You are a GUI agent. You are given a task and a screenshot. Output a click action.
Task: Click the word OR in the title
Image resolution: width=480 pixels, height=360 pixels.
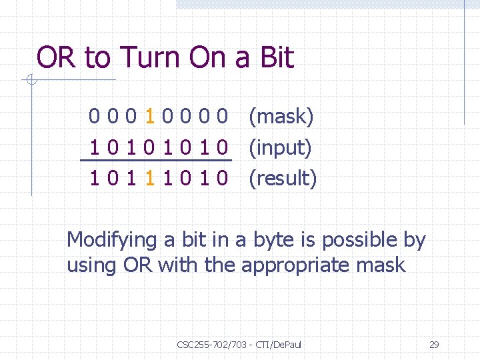[x=57, y=58]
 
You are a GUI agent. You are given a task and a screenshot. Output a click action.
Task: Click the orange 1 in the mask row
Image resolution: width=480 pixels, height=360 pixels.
[x=151, y=118]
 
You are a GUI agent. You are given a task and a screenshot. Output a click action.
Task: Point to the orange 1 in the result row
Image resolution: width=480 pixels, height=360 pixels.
[x=151, y=179]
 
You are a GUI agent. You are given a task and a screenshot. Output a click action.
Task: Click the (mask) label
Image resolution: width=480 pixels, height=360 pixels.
[x=281, y=118]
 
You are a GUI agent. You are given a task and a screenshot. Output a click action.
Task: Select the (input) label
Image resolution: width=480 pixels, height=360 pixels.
[x=280, y=148]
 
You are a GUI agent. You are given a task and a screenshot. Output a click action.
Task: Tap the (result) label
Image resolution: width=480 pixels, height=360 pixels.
[x=283, y=179]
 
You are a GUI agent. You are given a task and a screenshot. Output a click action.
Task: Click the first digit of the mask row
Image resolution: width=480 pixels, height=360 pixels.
[x=95, y=118]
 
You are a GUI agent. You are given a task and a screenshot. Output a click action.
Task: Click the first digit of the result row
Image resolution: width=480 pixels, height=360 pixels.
[x=95, y=179]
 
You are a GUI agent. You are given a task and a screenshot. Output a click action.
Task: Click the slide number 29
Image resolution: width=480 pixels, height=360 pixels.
[x=434, y=345]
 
